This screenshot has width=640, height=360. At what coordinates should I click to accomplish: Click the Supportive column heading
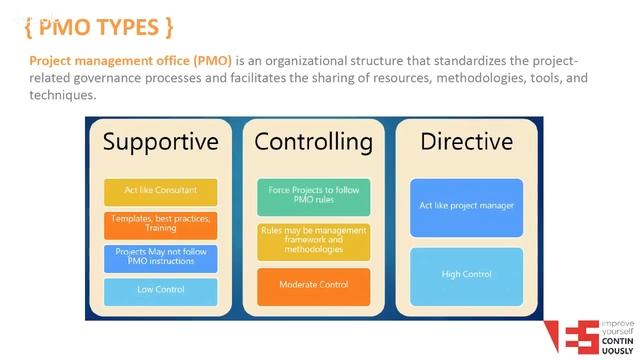[x=160, y=142]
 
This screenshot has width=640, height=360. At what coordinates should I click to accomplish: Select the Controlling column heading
[x=312, y=142]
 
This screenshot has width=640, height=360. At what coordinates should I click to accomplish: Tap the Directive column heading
[x=466, y=142]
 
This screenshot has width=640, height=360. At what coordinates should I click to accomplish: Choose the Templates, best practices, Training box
[x=161, y=223]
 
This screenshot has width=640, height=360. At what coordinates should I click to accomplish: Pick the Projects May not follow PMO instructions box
[x=161, y=257]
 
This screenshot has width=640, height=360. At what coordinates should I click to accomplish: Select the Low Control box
[x=161, y=290]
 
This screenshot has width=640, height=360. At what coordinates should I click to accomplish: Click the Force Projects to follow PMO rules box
[x=314, y=196]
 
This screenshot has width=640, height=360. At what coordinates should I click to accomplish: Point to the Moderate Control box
[x=314, y=285]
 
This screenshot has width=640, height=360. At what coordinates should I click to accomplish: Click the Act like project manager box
[x=466, y=206]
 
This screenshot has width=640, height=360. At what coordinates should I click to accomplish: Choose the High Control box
[x=466, y=273]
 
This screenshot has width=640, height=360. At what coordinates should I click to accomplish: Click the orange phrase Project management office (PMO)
[x=131, y=59]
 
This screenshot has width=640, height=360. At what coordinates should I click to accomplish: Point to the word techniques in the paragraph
[x=63, y=95]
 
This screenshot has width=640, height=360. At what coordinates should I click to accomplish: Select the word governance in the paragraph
[x=128, y=77]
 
